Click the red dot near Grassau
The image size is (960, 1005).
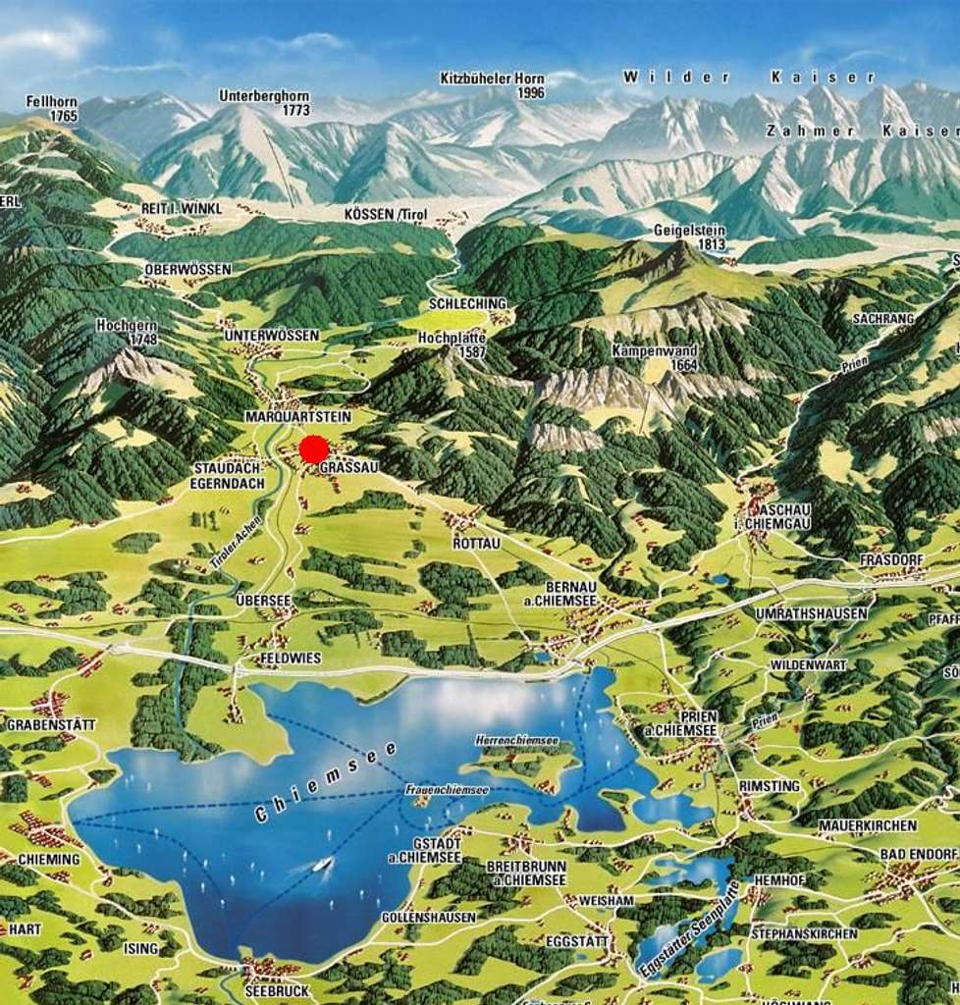pos(313,450)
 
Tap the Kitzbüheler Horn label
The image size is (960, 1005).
pos(491,85)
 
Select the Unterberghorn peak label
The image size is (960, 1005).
pos(264,103)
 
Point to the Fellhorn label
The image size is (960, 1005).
pos(51,108)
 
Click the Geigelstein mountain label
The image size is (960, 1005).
pos(689,237)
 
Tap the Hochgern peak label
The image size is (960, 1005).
pos(128,332)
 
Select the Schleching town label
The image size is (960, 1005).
pos(468,304)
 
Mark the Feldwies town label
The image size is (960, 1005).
pos(291,658)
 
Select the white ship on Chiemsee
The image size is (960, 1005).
pos(322,864)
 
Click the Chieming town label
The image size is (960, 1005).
pos(41,860)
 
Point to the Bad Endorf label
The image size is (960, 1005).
pos(918,855)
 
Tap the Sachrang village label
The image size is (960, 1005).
pos(882,319)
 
